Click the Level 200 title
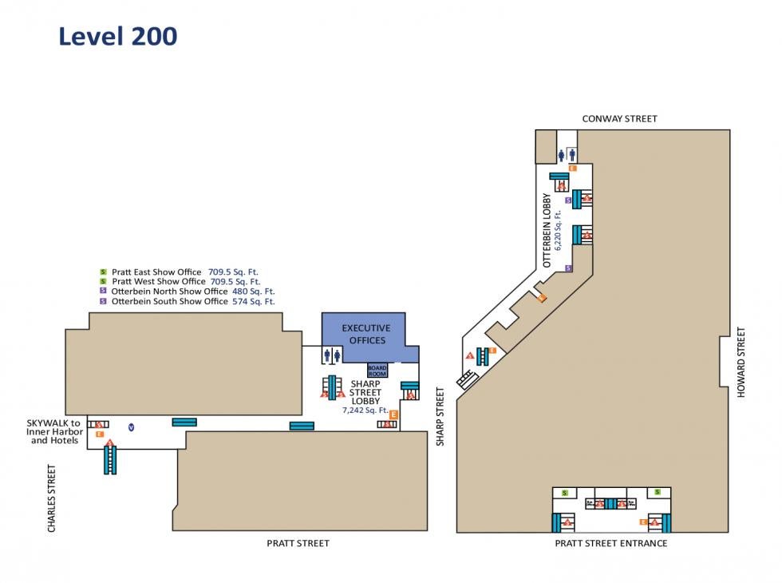118,37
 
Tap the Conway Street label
619,119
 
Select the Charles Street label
53,498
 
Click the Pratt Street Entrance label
611,544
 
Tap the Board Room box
377,370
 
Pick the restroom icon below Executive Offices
333,355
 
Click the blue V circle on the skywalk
132,427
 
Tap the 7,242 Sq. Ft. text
365,410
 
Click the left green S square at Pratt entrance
565,493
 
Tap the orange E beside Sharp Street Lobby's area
393,414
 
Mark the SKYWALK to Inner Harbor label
54,431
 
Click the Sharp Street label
440,416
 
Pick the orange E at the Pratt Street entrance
643,522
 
